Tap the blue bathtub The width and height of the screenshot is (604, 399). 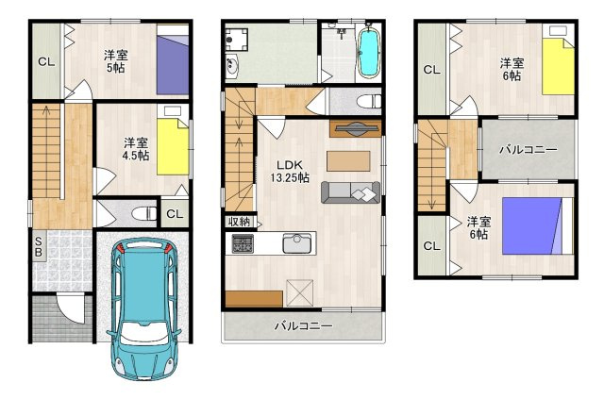click(369, 53)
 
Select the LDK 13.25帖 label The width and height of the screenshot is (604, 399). click(290, 172)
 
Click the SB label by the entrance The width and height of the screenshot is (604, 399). click(39, 247)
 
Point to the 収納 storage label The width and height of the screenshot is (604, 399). click(239, 222)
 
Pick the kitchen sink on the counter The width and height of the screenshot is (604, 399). click(296, 243)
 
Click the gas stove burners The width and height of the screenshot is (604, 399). click(243, 243)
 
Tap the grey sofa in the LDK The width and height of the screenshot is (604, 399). click(350, 192)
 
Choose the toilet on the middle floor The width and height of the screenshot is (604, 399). click(369, 102)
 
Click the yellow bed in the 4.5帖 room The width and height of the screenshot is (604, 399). click(173, 146)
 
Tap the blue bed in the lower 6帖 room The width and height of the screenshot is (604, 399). click(531, 226)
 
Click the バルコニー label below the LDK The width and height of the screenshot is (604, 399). click(304, 326)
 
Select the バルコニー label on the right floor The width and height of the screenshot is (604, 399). click(528, 149)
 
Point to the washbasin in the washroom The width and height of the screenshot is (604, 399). click(232, 67)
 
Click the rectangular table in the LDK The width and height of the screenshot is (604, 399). click(348, 161)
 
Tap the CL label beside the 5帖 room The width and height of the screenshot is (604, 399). click(46, 61)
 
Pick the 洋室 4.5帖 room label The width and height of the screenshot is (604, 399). click(136, 149)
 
